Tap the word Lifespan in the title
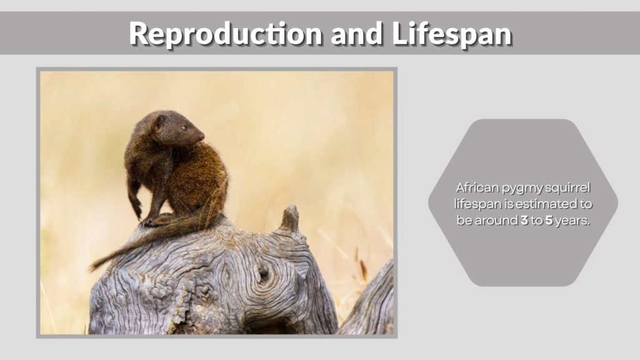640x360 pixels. [x=452, y=34]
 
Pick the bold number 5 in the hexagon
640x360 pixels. [x=549, y=221]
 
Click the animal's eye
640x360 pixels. [x=184, y=127]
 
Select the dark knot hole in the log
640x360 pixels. [x=264, y=272]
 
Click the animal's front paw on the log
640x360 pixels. [x=149, y=221]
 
